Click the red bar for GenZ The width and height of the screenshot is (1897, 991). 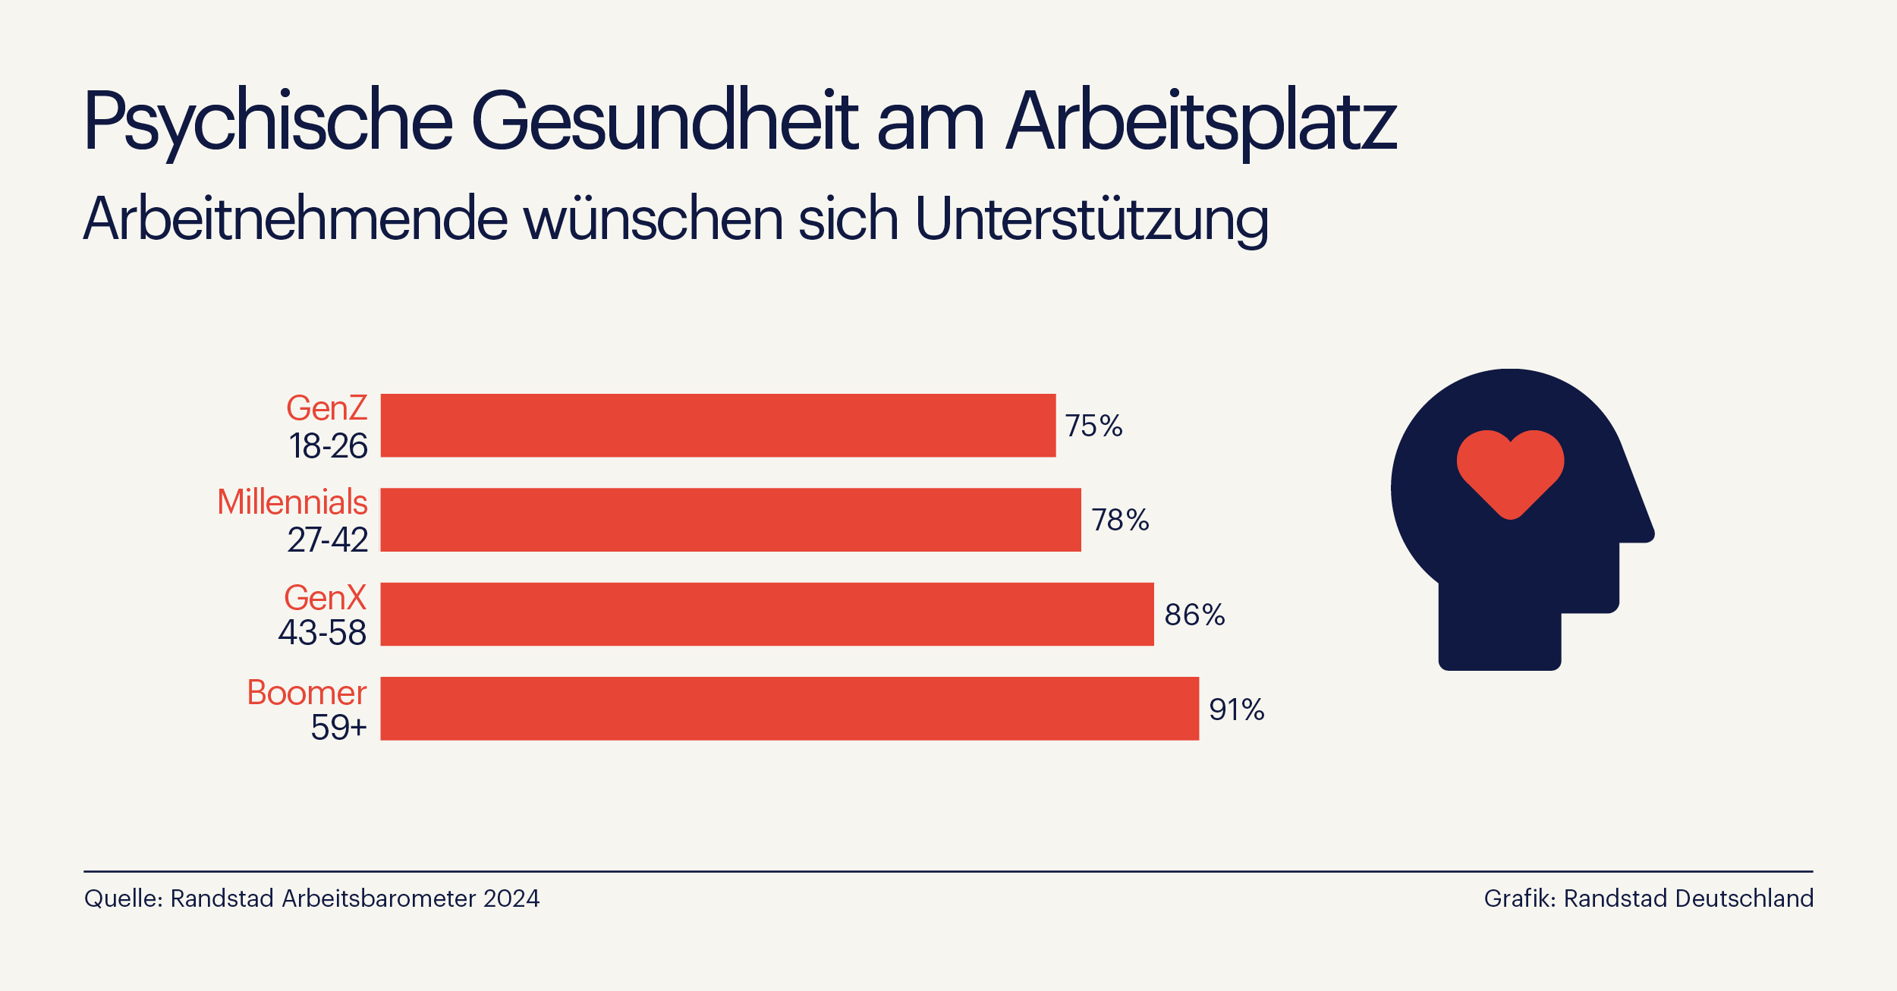[717, 425]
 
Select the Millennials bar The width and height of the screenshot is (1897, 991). [730, 520]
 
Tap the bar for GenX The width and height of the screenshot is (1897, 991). [766, 614]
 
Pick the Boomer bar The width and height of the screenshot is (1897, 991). [789, 709]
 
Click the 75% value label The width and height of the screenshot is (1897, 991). [1093, 426]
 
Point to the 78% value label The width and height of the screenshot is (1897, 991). [1120, 521]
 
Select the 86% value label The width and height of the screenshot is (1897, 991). [1194, 615]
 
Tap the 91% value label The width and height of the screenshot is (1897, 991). [1236, 709]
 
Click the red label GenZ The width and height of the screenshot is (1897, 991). [326, 408]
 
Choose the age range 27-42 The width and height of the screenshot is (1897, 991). [327, 540]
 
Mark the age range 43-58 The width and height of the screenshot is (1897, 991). [322, 633]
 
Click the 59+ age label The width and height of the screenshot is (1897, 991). [338, 727]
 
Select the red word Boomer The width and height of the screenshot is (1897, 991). [307, 692]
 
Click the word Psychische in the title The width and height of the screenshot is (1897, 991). [268, 121]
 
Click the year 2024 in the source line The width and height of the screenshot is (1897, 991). [511, 898]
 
